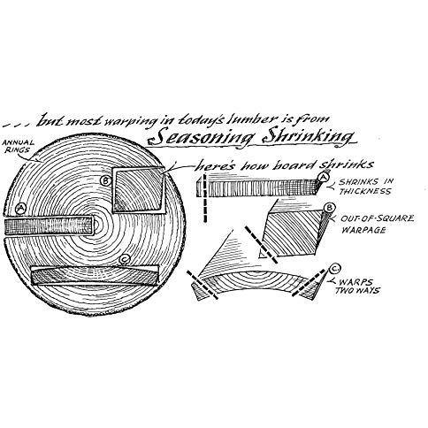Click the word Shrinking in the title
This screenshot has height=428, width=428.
(308, 137)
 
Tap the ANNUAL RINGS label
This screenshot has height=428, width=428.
(19, 147)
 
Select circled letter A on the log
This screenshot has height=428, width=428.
(20, 209)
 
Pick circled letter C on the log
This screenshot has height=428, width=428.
(125, 259)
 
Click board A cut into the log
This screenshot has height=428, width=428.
(49, 226)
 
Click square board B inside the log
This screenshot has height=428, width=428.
(138, 189)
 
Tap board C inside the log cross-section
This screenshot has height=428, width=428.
(95, 276)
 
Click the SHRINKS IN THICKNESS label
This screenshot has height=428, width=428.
(365, 187)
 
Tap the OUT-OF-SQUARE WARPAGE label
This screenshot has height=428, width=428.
(378, 224)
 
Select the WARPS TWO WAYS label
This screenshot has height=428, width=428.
(357, 287)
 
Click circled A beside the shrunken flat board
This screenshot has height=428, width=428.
(324, 178)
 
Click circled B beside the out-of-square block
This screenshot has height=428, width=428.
(330, 208)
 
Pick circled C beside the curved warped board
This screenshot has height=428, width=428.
(334, 269)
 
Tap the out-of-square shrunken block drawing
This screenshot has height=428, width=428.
(292, 233)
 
